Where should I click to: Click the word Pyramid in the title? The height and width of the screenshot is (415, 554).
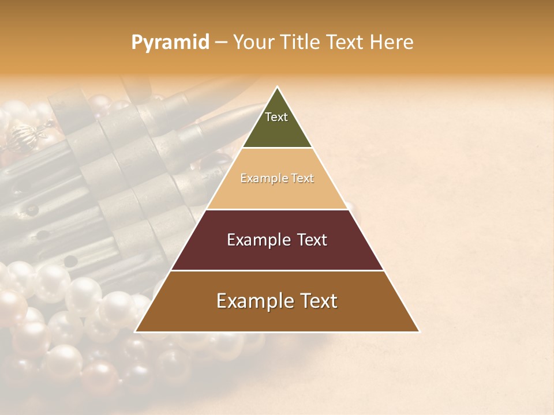(170, 42)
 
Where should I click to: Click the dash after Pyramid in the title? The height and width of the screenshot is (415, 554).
(220, 43)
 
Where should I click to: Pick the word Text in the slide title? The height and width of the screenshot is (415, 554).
(346, 42)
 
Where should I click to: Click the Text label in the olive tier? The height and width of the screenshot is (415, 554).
(276, 117)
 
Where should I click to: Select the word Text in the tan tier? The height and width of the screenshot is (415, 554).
(303, 178)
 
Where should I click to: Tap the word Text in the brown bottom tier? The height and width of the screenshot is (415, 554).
(318, 301)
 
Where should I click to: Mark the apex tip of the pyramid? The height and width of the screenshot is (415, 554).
(278, 88)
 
